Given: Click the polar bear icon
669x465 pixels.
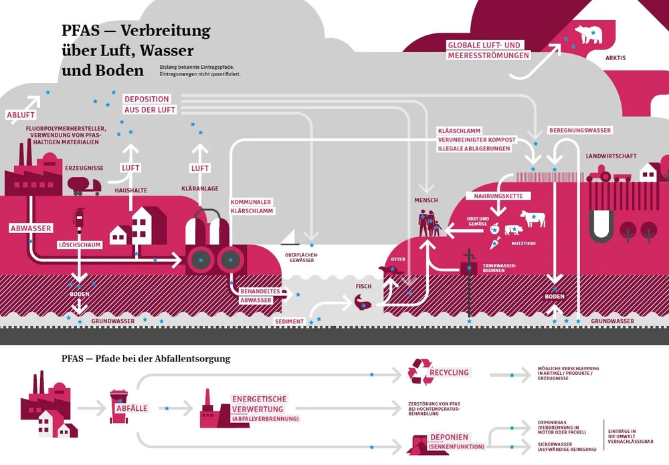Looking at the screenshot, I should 589,34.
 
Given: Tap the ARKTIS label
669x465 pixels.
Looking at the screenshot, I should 615,58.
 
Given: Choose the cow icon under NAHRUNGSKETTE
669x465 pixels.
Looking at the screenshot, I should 533,218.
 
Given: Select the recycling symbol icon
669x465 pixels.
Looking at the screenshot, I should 421,372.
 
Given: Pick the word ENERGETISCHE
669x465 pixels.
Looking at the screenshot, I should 258,399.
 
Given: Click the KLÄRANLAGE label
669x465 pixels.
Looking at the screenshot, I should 200,189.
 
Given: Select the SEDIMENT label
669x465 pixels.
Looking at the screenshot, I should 290,321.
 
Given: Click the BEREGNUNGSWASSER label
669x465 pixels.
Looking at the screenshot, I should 579,130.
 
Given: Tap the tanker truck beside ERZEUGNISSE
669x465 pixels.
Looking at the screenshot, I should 88,185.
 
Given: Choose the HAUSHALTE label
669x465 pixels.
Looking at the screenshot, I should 131,190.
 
